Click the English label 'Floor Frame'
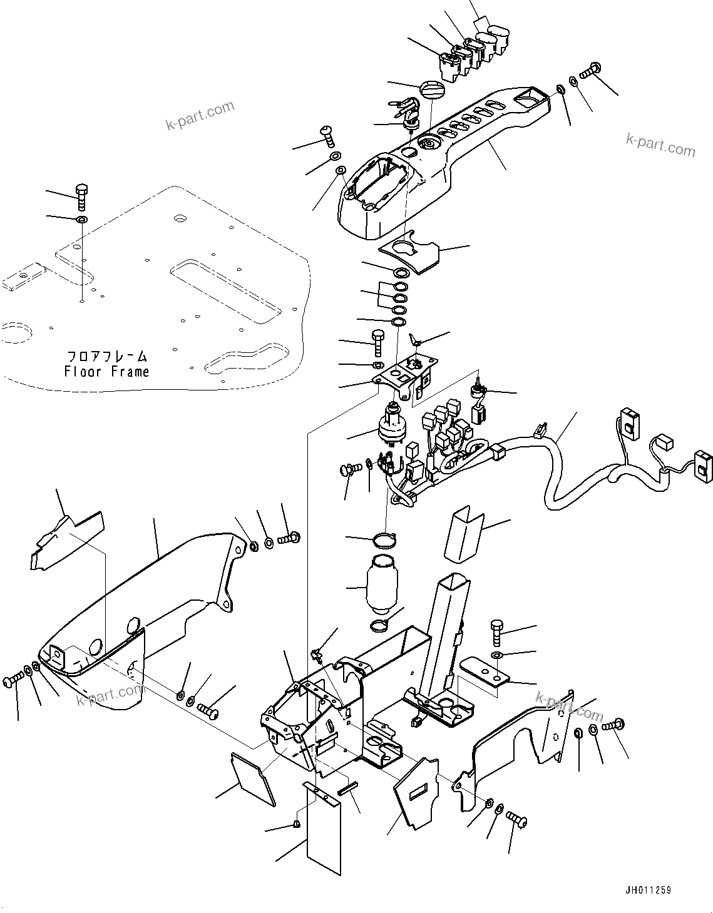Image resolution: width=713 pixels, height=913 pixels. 106,372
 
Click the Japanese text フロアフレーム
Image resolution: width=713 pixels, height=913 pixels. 107,357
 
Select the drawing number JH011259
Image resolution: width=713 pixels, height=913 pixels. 647,890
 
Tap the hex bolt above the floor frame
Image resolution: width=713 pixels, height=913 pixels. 81,195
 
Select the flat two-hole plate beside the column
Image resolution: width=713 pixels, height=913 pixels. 486,671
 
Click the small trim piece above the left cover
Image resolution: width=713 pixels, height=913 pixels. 66,539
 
